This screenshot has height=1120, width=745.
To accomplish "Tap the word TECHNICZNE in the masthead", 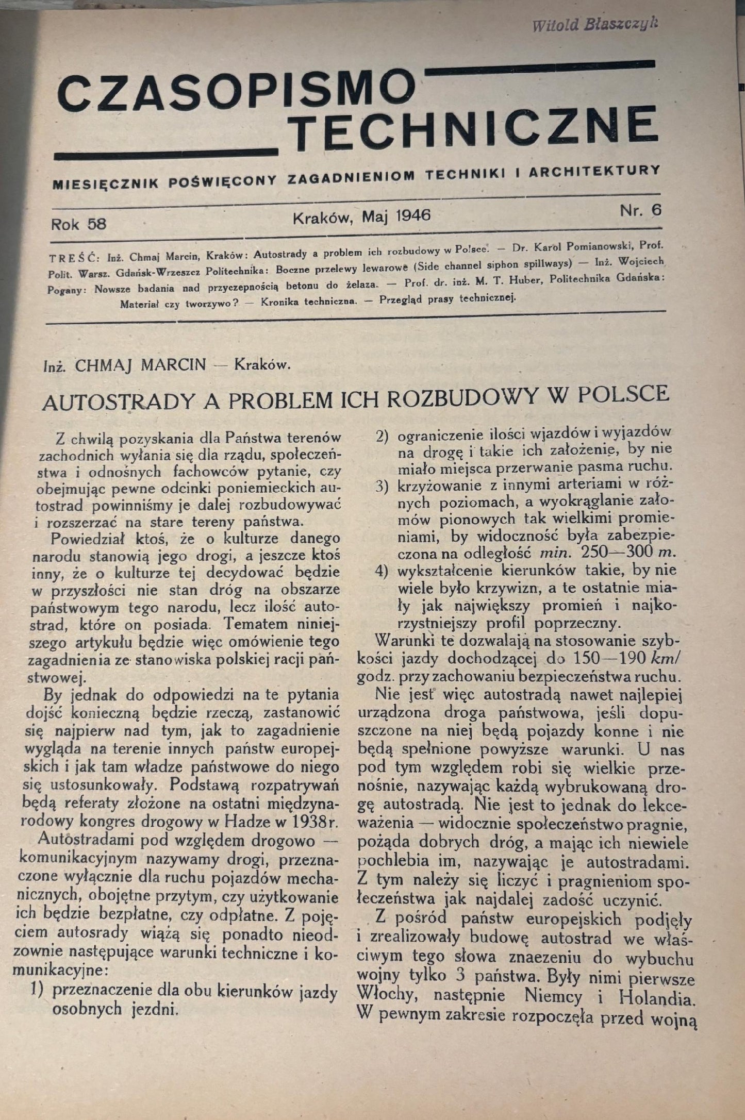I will [x=477, y=127].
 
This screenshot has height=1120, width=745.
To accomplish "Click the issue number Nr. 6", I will [x=641, y=211].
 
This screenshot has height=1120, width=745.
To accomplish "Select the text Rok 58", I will [x=78, y=224].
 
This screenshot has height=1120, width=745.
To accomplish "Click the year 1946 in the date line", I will [x=411, y=215].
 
